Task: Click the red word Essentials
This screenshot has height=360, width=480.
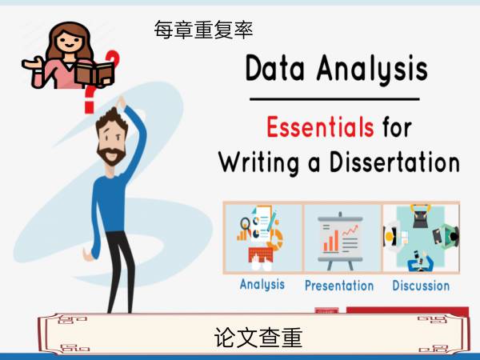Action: pyautogui.click(x=320, y=126)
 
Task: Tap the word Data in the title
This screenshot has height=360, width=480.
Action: pyautogui.click(x=275, y=68)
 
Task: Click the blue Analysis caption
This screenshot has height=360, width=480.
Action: pyautogui.click(x=262, y=285)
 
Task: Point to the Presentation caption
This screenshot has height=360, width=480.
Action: pyautogui.click(x=339, y=286)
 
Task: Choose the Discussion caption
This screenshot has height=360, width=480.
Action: pyautogui.click(x=421, y=286)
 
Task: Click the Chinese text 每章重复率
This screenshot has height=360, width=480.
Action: pyautogui.click(x=203, y=30)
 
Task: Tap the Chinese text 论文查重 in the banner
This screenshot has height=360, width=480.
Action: pyautogui.click(x=258, y=338)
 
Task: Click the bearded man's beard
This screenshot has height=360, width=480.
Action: pyautogui.click(x=111, y=155)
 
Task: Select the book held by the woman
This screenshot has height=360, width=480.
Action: pyautogui.click(x=95, y=74)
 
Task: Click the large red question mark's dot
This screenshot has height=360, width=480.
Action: pyautogui.click(x=89, y=108)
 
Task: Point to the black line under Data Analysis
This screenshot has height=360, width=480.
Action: pyautogui.click(x=334, y=99)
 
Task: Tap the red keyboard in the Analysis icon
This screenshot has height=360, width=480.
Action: pyautogui.click(x=261, y=254)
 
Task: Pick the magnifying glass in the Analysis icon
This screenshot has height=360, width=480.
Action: pyautogui.click(x=245, y=223)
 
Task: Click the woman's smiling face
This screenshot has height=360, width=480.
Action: pyautogui.click(x=69, y=41)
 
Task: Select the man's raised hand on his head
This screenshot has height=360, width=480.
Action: pyautogui.click(x=121, y=102)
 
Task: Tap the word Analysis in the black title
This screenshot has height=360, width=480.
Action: pyautogui.click(x=372, y=69)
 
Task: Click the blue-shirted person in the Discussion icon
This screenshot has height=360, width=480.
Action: pyautogui.click(x=421, y=262)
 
